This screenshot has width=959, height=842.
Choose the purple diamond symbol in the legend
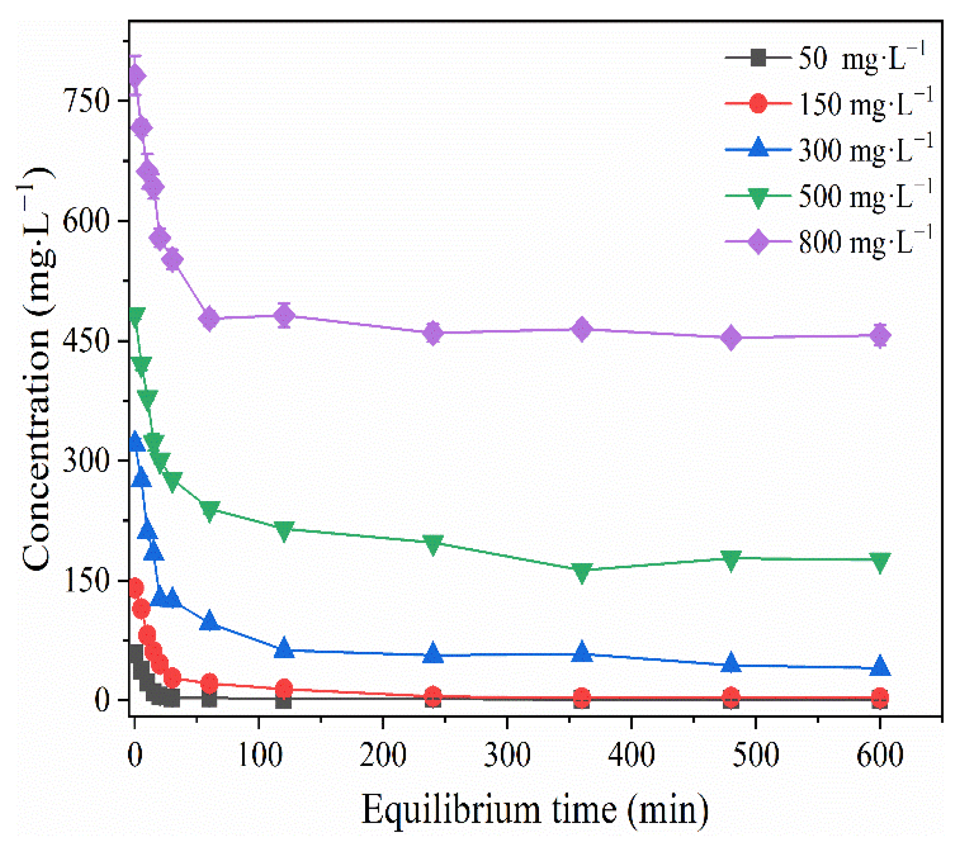click(x=757, y=242)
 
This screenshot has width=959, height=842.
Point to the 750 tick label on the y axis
click(x=87, y=101)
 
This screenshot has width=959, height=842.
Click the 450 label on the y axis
click(x=87, y=341)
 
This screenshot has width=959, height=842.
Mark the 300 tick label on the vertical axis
click(x=87, y=461)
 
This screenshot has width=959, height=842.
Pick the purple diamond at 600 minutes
click(x=879, y=336)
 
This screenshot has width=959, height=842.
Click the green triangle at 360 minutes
click(x=582, y=572)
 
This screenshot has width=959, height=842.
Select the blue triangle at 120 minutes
click(x=284, y=648)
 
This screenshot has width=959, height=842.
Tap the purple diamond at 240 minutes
click(x=433, y=333)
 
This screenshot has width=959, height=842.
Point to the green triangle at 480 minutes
click(x=731, y=560)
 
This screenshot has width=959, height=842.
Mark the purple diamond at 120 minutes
click(x=284, y=315)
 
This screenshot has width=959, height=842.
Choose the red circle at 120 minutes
click(x=284, y=688)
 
